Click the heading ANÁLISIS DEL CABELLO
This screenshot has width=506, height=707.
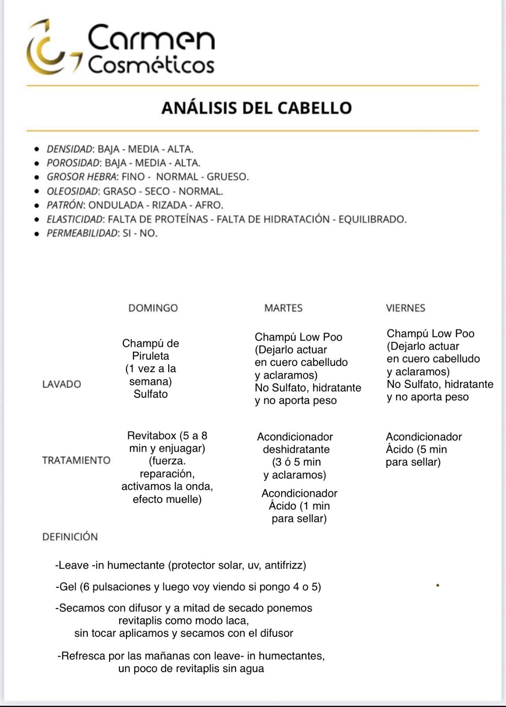click(257, 108)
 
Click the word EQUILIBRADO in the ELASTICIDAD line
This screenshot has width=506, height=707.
click(372, 219)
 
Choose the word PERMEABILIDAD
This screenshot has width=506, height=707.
click(82, 233)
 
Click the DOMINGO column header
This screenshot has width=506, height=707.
click(153, 308)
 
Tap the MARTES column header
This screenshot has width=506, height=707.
click(283, 308)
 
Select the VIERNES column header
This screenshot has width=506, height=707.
click(405, 308)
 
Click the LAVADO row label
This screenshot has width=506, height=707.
click(61, 384)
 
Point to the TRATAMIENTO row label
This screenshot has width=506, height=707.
click(76, 460)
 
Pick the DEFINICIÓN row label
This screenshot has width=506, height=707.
click(70, 537)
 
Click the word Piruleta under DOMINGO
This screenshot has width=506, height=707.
click(151, 356)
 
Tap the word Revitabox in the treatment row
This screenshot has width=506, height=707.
click(151, 436)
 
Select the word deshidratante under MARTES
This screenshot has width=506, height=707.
click(296, 449)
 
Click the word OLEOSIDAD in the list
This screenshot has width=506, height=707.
click(72, 191)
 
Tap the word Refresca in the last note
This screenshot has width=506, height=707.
click(82, 656)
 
